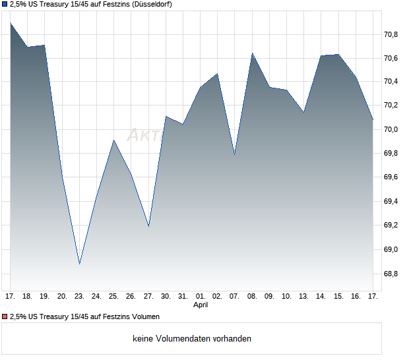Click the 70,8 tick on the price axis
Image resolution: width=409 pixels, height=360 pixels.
pyautogui.click(x=391, y=34)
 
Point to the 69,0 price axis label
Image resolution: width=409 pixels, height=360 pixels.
pyautogui.click(x=391, y=249)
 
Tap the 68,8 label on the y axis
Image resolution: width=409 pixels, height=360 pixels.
pyautogui.click(x=391, y=273)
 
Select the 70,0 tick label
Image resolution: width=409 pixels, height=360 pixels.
pyautogui.click(x=391, y=129)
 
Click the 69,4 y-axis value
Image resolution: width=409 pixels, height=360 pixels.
pyautogui.click(x=391, y=201)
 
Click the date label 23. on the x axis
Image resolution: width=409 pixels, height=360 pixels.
pyautogui.click(x=79, y=297)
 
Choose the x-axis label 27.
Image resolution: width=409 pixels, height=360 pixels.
pyautogui.click(x=148, y=297)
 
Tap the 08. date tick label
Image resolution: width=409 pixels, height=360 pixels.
pyautogui.click(x=252, y=297)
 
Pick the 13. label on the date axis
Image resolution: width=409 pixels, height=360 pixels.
pyautogui.click(x=303, y=297)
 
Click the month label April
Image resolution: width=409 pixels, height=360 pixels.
pyautogui.click(x=201, y=305)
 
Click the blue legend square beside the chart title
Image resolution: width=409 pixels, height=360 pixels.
pyautogui.click(x=5, y=5)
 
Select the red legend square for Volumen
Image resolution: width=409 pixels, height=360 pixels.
pyautogui.click(x=5, y=317)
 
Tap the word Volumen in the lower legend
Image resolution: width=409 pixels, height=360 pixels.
pyautogui.click(x=144, y=317)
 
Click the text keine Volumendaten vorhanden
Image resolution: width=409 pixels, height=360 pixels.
pyautogui.click(x=192, y=339)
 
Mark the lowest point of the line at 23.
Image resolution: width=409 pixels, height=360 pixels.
pyautogui.click(x=79, y=264)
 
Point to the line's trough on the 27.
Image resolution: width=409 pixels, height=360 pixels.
pyautogui.click(x=148, y=226)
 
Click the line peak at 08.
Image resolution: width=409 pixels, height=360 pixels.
pyautogui.click(x=252, y=53)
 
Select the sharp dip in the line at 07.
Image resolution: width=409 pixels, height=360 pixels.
pyautogui.click(x=235, y=154)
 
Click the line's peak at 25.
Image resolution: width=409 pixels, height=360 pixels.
pyautogui.click(x=113, y=140)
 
